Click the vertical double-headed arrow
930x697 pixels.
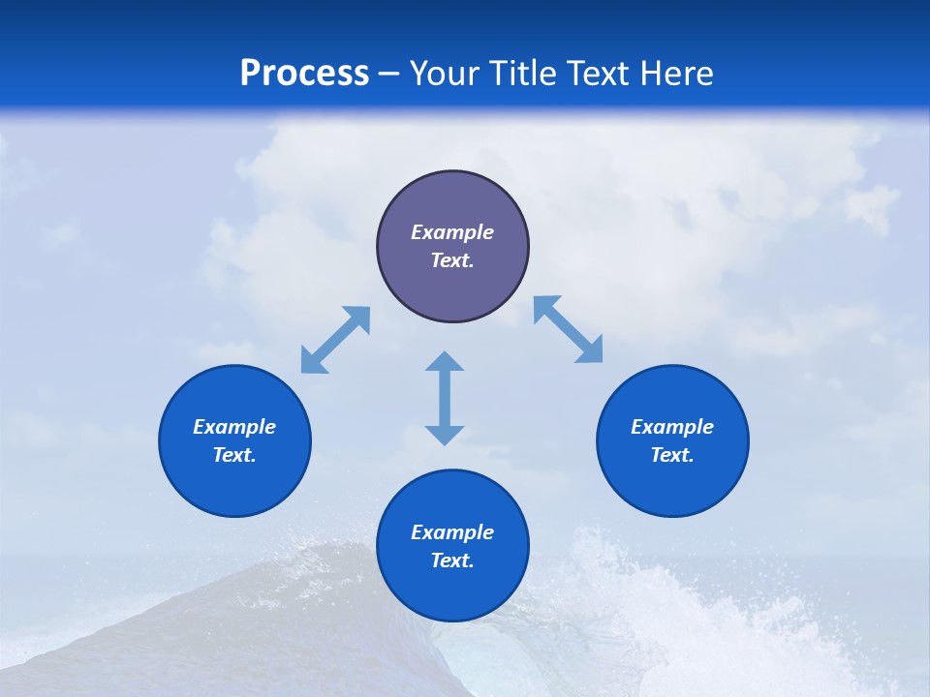(445, 398)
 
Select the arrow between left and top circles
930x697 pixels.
(335, 340)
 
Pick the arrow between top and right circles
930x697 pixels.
(569, 329)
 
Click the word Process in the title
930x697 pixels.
(304, 74)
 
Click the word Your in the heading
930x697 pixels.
(443, 74)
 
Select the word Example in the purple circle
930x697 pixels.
(452, 232)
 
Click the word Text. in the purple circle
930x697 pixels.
(452, 260)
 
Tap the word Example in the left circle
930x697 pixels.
(234, 427)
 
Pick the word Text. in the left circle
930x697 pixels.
(234, 455)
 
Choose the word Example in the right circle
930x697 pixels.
(672, 427)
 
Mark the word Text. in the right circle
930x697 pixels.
(672, 455)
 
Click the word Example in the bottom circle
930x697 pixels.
(452, 532)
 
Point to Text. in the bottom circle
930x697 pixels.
(452, 561)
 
